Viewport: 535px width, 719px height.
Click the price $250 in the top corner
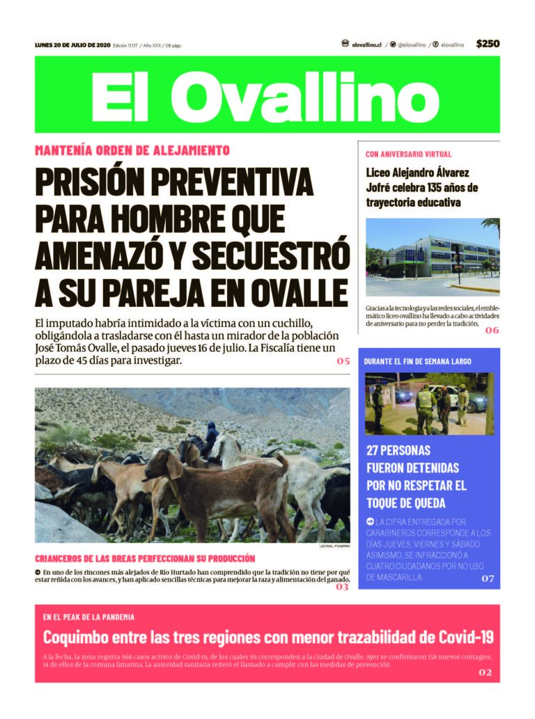coord(488,44)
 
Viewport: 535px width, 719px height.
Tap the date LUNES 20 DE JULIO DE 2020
coord(72,45)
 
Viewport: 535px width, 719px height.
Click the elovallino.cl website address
coord(366,45)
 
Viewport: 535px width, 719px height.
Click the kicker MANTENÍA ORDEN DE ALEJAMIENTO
coord(132,150)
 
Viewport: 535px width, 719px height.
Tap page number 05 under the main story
coord(343,361)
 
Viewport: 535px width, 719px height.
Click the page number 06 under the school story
coord(492,330)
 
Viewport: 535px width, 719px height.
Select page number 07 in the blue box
coord(488,578)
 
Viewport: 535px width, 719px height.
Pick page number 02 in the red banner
coord(486,672)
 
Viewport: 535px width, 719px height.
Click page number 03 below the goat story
coord(342,587)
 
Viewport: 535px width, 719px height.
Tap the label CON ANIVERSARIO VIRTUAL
coord(408,154)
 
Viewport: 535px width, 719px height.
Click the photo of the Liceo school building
coord(432,258)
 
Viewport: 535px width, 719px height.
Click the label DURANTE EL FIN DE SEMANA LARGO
coord(417,361)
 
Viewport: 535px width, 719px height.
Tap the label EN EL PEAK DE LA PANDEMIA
coord(88,617)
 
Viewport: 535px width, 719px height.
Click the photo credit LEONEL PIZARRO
coord(334,546)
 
